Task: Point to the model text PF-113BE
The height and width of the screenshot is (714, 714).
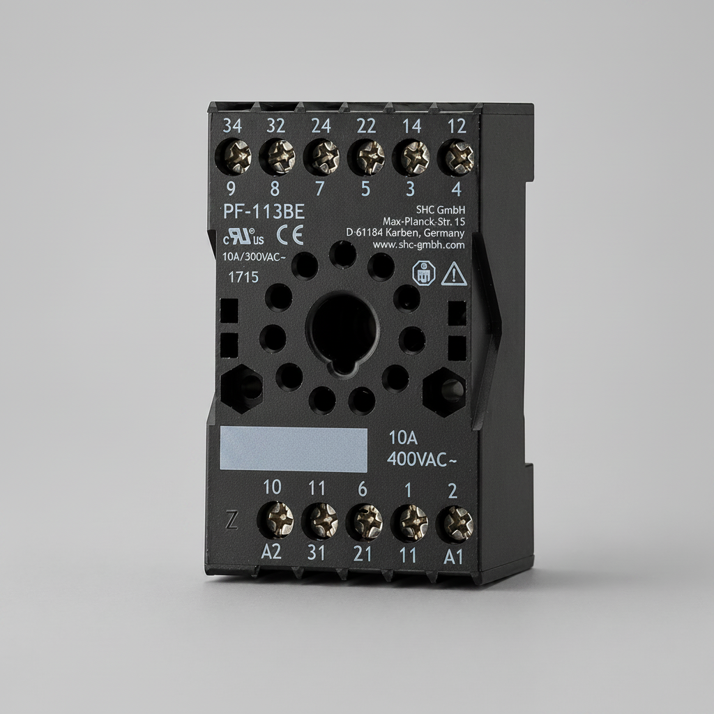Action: click(x=264, y=212)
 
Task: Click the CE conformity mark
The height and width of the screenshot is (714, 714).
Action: click(x=289, y=235)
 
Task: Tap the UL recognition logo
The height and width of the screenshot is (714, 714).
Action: click(x=243, y=236)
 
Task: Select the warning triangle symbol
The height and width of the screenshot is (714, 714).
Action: click(x=455, y=274)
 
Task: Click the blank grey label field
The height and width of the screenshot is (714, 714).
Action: click(x=294, y=450)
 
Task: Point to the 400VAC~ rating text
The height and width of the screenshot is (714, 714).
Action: click(x=422, y=459)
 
